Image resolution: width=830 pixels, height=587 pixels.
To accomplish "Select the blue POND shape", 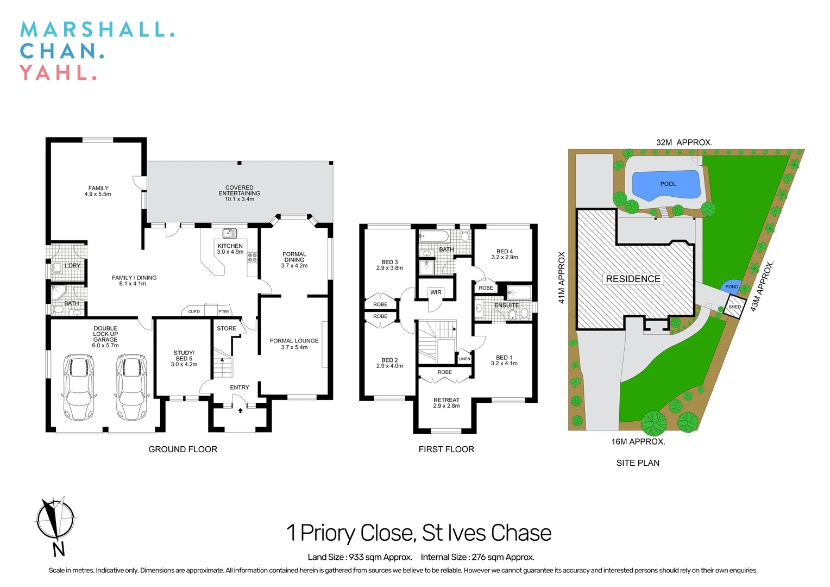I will tap(731, 286).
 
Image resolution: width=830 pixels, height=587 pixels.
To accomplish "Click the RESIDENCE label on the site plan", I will tap(633, 279).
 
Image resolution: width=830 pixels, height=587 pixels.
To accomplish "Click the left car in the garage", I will tap(78, 387).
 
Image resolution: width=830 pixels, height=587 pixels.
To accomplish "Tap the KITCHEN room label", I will tap(230, 249).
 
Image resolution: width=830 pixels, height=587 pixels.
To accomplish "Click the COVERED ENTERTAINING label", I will tap(239, 193).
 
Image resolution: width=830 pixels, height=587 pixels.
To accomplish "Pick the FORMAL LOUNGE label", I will tap(294, 344).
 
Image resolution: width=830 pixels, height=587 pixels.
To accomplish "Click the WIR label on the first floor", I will tap(436, 292).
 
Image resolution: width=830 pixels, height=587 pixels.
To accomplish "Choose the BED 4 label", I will tap(504, 254).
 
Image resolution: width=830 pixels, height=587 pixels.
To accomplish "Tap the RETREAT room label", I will tap(446, 403).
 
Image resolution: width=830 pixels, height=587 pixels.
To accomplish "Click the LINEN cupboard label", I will tap(464, 359).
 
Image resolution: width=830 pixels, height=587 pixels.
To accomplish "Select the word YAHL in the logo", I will tap(58, 73).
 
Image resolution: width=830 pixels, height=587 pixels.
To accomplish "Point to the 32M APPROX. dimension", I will tap(684, 142).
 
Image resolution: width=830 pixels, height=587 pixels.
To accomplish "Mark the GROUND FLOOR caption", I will tap(183, 449).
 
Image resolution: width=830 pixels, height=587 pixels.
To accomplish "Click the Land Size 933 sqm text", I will tap(360, 557).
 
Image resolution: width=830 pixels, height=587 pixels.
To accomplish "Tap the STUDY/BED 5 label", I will tap(184, 358).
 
